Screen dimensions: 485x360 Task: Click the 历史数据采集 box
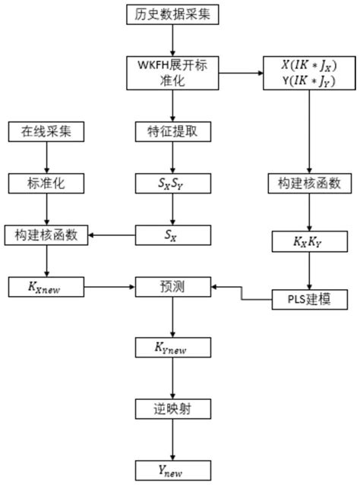(x=174, y=14)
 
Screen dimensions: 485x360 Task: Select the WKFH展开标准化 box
(x=174, y=74)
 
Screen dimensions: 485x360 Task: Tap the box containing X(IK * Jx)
(x=309, y=74)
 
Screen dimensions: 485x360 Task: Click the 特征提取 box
(x=174, y=131)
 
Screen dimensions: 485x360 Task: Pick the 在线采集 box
(x=47, y=131)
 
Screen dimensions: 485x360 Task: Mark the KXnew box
(x=47, y=288)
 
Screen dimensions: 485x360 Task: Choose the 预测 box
(x=174, y=288)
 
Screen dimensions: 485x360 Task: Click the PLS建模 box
(x=309, y=300)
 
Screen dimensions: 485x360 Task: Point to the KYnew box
(x=174, y=348)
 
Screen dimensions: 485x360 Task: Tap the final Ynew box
(x=174, y=468)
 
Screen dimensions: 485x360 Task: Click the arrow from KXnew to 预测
(x=111, y=288)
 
